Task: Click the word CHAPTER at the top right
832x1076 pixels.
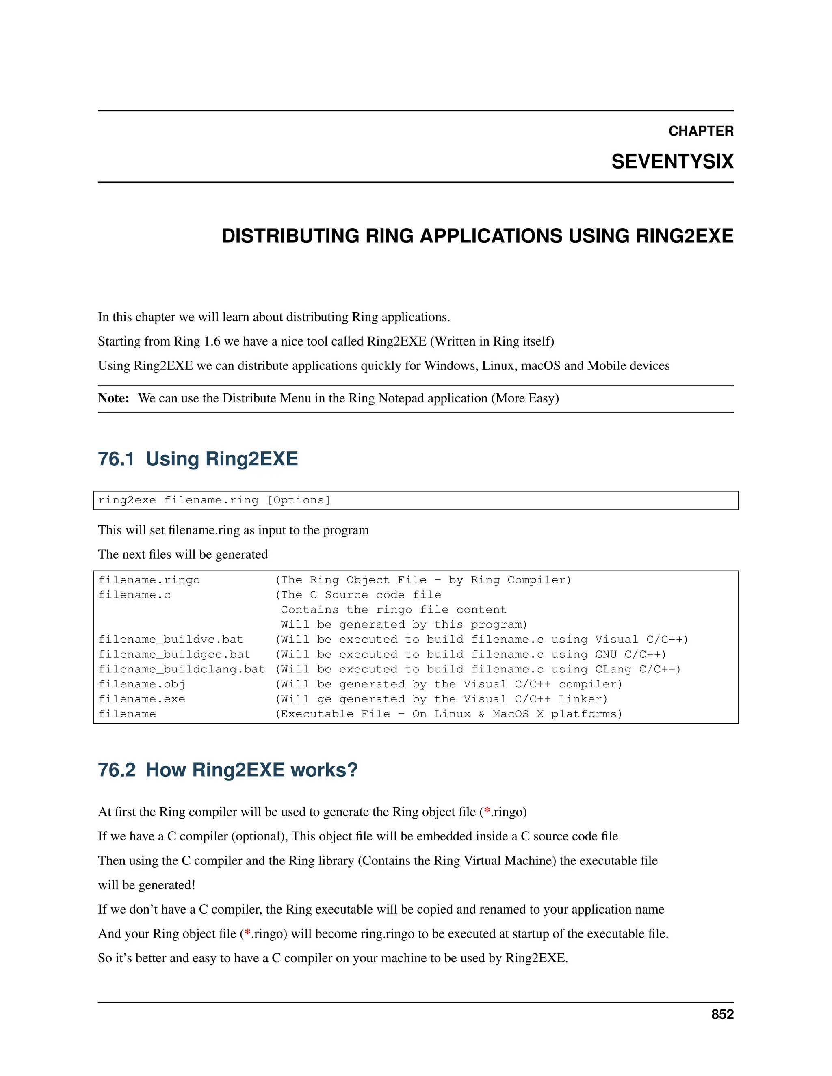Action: (x=700, y=131)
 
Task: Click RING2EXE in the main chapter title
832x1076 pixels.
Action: (x=684, y=236)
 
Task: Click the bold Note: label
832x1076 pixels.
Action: (x=113, y=398)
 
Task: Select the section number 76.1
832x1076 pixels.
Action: (x=116, y=459)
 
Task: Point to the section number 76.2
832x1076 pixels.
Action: (x=116, y=770)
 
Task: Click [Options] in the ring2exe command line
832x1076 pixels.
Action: (x=298, y=501)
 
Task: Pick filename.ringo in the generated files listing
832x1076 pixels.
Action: (x=149, y=580)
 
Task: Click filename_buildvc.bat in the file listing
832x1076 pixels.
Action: (x=171, y=640)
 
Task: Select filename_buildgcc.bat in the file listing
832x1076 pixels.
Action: (x=174, y=654)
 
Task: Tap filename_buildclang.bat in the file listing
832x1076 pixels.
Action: (x=181, y=669)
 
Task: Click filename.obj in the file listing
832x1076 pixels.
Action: (x=141, y=684)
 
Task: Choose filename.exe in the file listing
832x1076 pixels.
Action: (x=141, y=699)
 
